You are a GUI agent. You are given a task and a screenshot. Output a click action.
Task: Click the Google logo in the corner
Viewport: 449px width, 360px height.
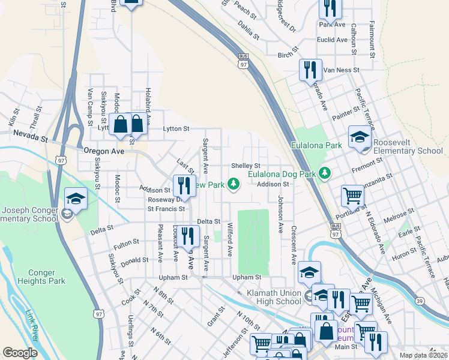point(20,353)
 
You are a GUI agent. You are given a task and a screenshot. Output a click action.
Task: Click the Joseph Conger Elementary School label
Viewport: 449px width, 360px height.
point(29,214)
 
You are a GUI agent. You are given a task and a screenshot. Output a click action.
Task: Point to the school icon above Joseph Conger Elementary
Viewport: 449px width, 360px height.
point(76,199)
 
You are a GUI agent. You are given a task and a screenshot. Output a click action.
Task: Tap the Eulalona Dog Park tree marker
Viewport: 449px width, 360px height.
point(325,173)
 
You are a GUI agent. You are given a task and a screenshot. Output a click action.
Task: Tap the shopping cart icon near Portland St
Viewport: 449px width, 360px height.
point(352,195)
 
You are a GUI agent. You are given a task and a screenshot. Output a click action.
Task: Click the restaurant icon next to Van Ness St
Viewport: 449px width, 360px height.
point(310,70)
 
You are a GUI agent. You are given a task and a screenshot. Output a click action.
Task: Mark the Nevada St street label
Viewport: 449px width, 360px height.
point(29,138)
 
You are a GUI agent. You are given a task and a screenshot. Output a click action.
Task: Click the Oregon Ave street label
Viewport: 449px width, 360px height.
point(103,152)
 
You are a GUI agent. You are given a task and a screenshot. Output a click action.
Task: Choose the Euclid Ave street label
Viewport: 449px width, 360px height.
point(333,40)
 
